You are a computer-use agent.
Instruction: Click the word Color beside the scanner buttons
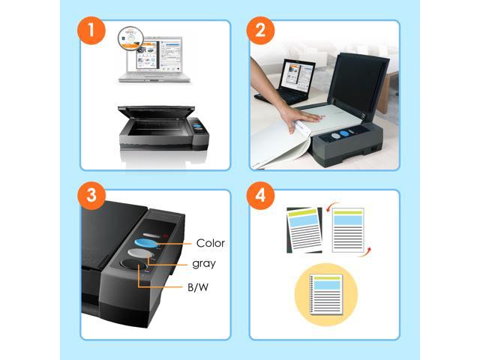pyautogui.click(x=211, y=243)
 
